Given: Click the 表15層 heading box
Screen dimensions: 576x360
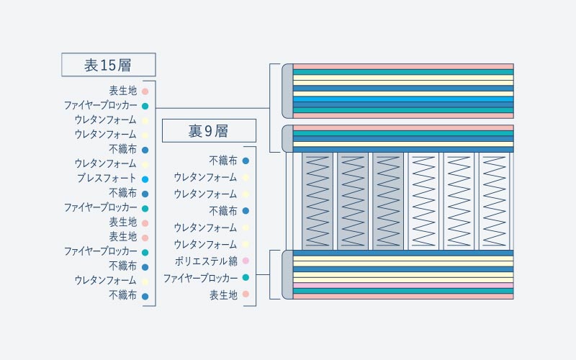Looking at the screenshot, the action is click(109, 65).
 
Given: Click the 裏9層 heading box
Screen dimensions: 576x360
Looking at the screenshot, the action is click(209, 130).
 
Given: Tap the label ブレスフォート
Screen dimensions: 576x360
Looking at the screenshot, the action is click(107, 179).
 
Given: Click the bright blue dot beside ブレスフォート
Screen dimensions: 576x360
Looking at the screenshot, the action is click(145, 179).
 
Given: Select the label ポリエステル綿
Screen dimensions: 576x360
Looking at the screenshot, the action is click(206, 261).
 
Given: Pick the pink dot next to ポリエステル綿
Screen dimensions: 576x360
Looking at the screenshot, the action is click(246, 261).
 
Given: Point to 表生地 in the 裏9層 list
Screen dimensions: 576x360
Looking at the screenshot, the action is click(223, 294).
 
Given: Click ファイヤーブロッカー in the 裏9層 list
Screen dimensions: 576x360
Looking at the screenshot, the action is click(201, 278).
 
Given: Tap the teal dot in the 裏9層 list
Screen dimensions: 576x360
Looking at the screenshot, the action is click(246, 278).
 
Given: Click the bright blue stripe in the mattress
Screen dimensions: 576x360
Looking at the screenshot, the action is click(403, 99).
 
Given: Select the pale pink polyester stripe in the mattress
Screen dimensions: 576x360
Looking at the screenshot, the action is click(403, 285).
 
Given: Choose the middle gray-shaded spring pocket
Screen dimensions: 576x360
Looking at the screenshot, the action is click(353, 202).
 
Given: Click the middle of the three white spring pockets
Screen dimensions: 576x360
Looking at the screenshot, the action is click(459, 202).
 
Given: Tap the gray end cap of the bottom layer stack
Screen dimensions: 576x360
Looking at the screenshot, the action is click(287, 274).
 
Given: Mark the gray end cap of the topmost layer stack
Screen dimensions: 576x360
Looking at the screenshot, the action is click(287, 91).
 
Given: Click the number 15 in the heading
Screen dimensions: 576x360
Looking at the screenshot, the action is click(107, 66).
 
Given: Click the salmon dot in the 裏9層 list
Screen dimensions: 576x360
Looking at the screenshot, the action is click(246, 294).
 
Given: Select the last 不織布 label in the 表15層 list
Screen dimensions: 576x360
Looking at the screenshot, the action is click(122, 295).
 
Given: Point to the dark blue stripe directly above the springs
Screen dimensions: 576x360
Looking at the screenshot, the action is click(403, 150).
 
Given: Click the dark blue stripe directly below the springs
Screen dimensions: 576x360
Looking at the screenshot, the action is click(403, 253).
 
